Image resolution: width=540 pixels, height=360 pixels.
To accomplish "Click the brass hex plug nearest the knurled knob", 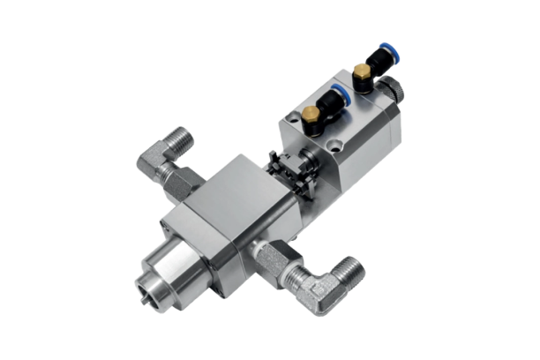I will [x=360, y=71].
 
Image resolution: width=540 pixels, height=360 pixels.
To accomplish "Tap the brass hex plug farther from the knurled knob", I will [x=310, y=116].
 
